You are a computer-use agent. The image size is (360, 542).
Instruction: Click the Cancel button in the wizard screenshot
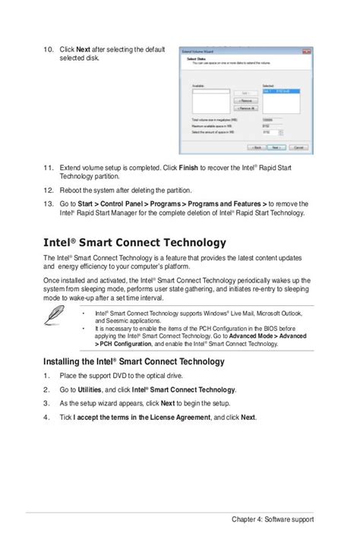click(x=295, y=148)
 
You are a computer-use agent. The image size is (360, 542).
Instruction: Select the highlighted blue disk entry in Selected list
click(x=281, y=91)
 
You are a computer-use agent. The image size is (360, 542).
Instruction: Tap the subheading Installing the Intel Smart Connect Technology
click(x=134, y=361)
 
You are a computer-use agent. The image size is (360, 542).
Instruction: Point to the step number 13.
click(x=48, y=204)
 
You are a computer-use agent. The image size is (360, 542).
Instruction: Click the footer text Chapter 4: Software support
click(x=273, y=519)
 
